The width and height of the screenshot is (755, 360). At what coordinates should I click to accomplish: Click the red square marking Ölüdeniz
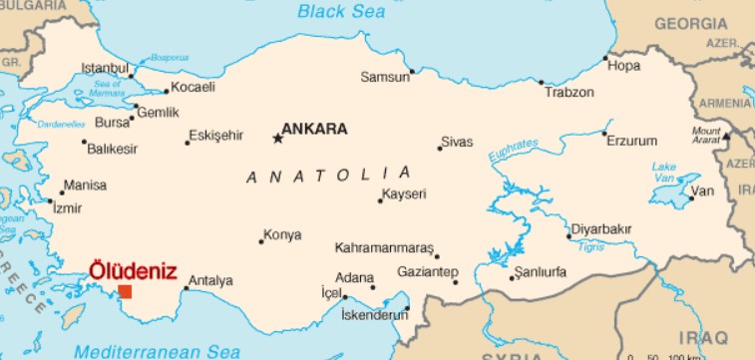click(x=125, y=291)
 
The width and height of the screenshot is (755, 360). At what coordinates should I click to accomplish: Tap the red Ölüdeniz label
click(x=133, y=270)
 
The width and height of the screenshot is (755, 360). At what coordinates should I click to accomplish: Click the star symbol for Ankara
click(x=277, y=139)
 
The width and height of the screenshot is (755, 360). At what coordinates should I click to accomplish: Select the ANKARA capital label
click(x=314, y=129)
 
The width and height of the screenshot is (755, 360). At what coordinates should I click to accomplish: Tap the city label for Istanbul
click(x=105, y=69)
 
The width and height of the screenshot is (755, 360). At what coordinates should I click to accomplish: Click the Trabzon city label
click(x=569, y=93)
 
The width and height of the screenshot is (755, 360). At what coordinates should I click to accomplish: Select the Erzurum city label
click(x=632, y=141)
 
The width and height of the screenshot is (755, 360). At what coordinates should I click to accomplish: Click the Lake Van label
click(x=663, y=172)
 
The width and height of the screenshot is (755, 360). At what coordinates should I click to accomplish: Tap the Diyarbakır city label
click(x=600, y=229)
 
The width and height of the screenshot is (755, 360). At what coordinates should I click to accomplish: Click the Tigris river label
click(x=591, y=246)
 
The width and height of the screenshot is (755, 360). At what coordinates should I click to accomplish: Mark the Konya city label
click(x=281, y=236)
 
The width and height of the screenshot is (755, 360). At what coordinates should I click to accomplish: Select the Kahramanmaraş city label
click(x=385, y=247)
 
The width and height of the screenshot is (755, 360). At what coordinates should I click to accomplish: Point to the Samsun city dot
click(x=411, y=71)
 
